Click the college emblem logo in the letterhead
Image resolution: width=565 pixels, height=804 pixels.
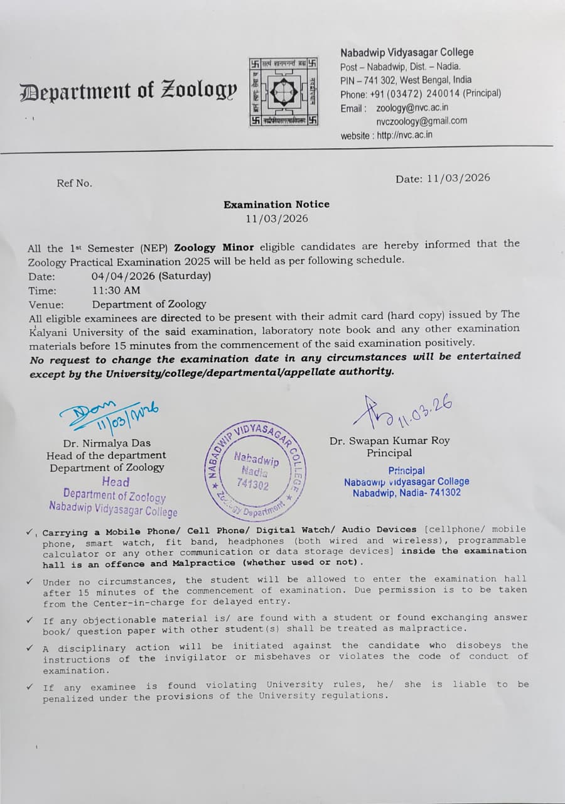coord(283,90)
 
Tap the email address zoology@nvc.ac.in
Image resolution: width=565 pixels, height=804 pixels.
coord(412,107)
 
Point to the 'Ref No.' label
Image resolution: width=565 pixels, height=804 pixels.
coord(74,183)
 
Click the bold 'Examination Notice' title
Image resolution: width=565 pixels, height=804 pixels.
coord(276,204)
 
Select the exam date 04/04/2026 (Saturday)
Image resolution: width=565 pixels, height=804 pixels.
coord(151,276)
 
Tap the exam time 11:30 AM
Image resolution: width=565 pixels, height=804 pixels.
coord(116,290)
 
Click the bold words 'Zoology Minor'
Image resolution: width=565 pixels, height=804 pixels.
coord(214,247)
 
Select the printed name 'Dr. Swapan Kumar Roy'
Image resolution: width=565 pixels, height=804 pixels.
coord(389,440)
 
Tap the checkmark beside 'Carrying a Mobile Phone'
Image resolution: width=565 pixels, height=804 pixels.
coord(30,531)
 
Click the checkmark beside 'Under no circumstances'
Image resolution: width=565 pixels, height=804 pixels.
coord(30,581)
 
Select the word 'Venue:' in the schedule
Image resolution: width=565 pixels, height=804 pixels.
coord(46,305)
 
